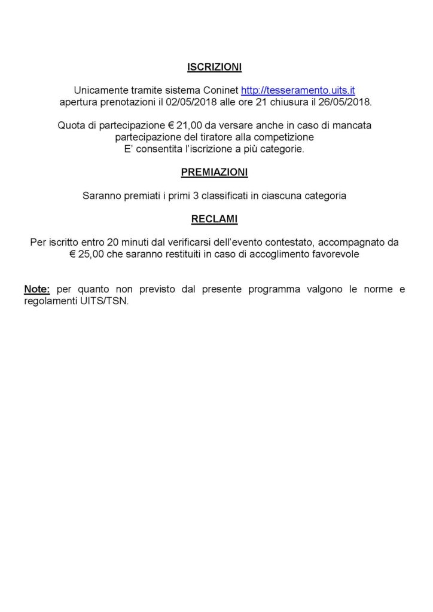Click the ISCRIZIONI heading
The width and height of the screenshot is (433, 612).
(214, 68)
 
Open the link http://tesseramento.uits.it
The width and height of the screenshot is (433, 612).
(298, 90)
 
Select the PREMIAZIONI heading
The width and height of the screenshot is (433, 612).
(214, 172)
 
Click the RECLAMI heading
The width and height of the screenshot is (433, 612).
(214, 219)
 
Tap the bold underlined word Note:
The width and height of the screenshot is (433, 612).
(38, 290)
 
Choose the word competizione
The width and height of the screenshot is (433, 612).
(285, 137)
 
